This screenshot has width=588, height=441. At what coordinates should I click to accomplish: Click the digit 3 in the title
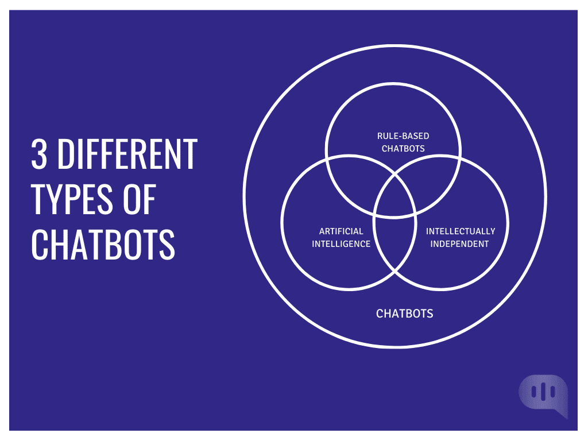pos(39,153)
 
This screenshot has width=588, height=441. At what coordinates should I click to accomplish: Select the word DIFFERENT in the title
pos(127,153)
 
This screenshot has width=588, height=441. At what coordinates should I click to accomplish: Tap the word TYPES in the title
pos(72,199)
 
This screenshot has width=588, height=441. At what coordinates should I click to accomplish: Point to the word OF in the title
pos(140,199)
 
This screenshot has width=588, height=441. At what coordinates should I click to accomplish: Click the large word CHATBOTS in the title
pos(103,244)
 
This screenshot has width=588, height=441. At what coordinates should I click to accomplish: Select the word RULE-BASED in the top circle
pos(403,136)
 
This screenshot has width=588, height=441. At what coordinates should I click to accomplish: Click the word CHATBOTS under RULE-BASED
pos(403,149)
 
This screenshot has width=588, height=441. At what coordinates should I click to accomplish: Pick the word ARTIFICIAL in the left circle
pos(341,231)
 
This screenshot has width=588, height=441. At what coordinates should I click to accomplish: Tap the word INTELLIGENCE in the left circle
pos(341,243)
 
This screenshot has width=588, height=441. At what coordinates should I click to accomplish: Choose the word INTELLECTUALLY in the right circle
pos(460,231)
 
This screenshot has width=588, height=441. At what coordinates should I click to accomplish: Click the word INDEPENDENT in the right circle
pos(459,243)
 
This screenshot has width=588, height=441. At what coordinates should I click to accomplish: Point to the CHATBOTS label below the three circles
pos(404,314)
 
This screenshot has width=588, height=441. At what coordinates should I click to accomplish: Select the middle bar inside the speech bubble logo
pos(543,392)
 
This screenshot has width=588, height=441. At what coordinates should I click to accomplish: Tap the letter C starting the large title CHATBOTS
pos(40,244)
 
